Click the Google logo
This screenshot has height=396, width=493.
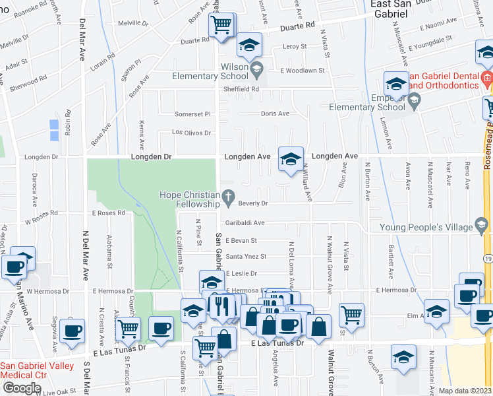pos(21,388)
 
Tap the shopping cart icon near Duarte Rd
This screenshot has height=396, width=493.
pos(221,25)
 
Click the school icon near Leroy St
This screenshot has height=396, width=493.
pos(249,45)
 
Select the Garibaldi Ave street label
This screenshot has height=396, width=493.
pos(245,223)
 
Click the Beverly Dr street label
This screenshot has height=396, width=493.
pos(252,204)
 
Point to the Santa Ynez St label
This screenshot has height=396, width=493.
pos(246,257)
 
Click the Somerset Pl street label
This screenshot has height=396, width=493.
pos(192,114)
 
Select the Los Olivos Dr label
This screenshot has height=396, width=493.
pos(191,133)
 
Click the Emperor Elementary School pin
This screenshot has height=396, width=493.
pos(415,101)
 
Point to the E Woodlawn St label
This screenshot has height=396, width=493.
pos(303,71)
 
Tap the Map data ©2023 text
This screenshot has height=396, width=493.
pos(465,391)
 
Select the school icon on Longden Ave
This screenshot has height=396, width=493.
pos(290,158)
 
